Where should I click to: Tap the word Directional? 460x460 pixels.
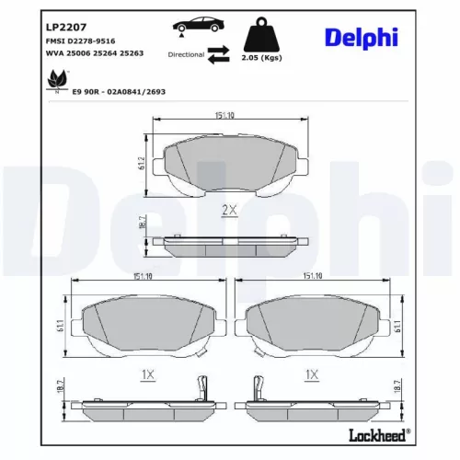(x=187, y=55)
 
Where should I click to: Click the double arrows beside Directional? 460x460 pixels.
(x=218, y=55)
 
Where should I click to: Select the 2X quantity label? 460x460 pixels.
(x=230, y=211)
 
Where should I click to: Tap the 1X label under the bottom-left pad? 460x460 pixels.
(x=146, y=374)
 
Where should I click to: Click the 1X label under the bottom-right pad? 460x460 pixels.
(x=312, y=374)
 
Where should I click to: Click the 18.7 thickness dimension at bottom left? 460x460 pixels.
(x=63, y=392)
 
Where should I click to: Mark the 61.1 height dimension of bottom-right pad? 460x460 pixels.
(x=397, y=325)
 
